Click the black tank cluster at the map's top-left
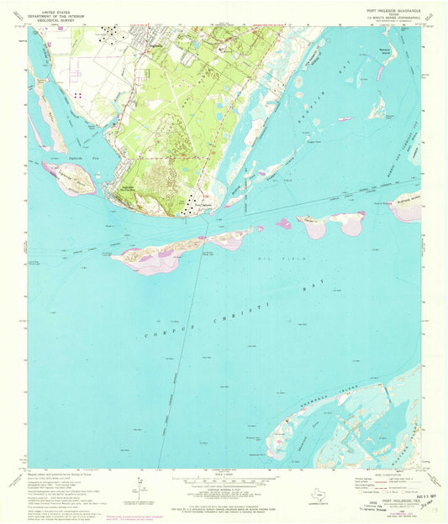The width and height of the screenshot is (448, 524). (109, 34)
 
